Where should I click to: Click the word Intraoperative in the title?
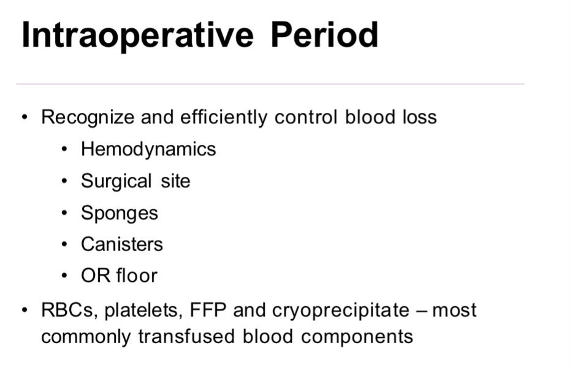coord(137,35)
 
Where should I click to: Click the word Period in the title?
coord(324,35)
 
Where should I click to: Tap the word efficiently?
coord(224,117)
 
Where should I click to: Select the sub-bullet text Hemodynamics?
coord(148,149)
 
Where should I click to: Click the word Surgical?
coord(116,181)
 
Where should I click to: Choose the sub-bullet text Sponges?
coord(120,213)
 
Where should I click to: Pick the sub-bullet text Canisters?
coord(122,244)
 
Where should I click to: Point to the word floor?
coord(137,276)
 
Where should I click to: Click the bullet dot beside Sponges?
coord(66,214)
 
